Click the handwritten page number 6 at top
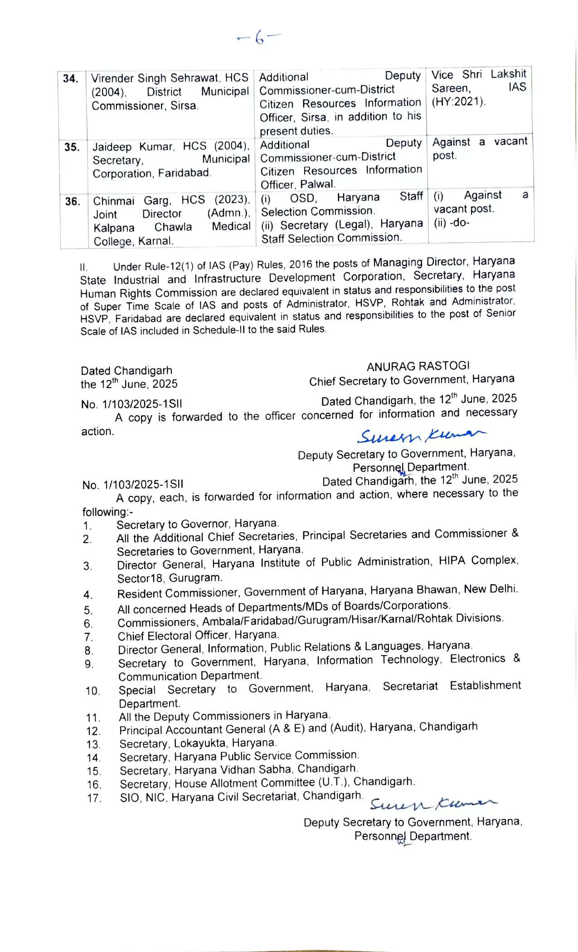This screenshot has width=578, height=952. (x=259, y=38)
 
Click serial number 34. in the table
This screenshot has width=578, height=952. (x=71, y=79)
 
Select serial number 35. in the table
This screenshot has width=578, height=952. (x=72, y=147)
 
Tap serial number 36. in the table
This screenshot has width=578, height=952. (x=73, y=202)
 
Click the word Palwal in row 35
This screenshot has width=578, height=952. (x=317, y=185)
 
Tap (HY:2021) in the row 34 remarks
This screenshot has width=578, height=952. (x=458, y=102)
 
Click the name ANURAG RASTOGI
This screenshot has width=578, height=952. (x=418, y=366)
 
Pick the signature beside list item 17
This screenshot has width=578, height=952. (x=432, y=804)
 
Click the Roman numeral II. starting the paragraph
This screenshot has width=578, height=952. (x=84, y=267)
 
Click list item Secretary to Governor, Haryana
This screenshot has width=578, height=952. (x=198, y=524)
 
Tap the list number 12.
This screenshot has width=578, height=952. (x=93, y=731)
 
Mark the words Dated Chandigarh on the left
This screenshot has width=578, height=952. (x=126, y=371)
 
